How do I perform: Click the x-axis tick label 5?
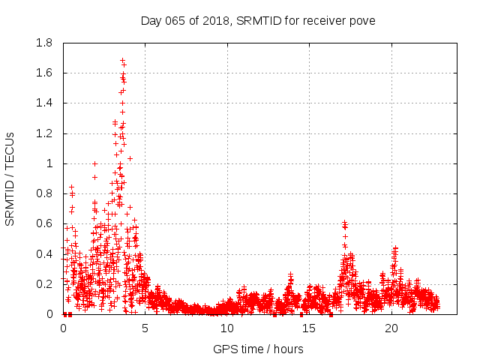click(145, 328)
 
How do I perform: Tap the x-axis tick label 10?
click(227, 328)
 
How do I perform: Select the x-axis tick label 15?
click(309, 328)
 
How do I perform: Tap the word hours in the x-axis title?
click(288, 349)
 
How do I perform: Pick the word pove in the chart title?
click(361, 20)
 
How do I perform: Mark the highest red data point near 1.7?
click(122, 60)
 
